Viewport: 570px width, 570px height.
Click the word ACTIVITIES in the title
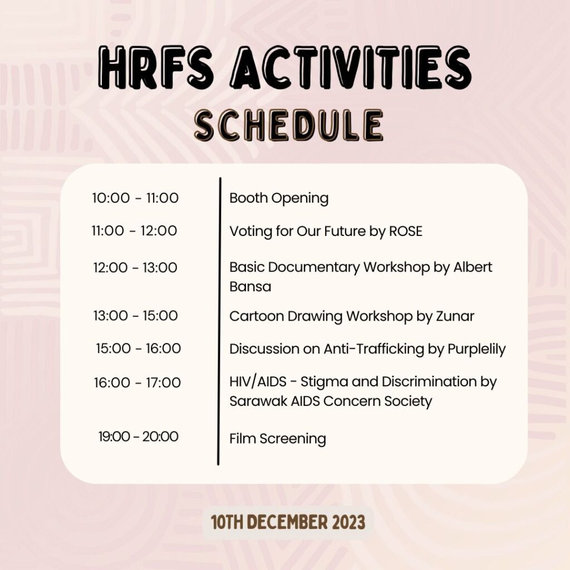[351, 68]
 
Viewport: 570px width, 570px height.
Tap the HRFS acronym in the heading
[155, 68]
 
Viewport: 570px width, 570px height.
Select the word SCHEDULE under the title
[289, 125]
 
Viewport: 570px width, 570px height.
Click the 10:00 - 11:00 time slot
[135, 198]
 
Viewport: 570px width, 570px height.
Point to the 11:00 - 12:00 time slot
[134, 231]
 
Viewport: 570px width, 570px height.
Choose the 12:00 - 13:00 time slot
[135, 268]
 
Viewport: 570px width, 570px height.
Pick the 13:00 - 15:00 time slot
[136, 316]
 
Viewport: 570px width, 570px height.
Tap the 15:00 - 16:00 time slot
[139, 348]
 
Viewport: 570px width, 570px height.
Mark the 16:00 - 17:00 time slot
[137, 383]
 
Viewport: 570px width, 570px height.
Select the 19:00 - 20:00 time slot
[139, 436]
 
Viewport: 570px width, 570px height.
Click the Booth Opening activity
[279, 199]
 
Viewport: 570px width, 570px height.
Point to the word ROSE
[406, 231]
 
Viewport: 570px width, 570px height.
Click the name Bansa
[250, 287]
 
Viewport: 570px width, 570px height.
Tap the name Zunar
[455, 316]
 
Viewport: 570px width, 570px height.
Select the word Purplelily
[476, 350]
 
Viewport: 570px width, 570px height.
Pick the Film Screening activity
[277, 439]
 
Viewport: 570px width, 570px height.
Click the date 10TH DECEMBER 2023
[288, 522]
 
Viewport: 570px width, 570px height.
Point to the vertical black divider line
[219, 321]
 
